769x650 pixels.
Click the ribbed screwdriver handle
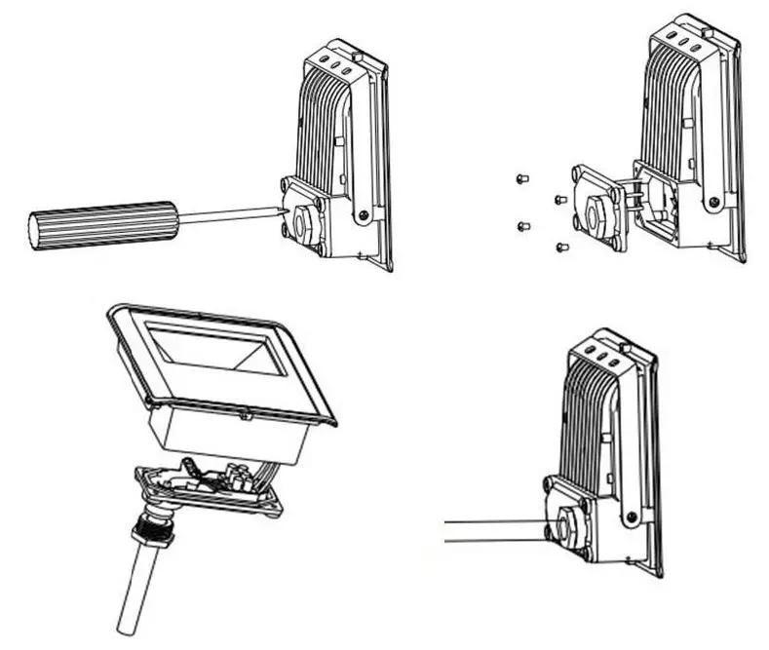(x=102, y=223)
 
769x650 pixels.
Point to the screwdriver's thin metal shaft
(x=228, y=215)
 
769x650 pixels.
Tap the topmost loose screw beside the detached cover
(x=520, y=178)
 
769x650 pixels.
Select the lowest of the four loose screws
(x=561, y=248)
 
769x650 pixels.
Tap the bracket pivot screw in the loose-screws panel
(x=716, y=203)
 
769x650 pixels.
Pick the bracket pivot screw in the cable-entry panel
(x=636, y=511)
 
